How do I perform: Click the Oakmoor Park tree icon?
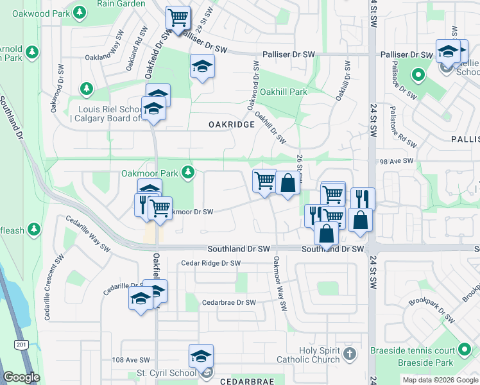[x=188, y=173]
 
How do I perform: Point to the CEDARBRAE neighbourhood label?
[x=247, y=381]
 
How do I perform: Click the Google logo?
[x=21, y=377]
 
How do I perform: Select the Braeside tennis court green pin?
[x=465, y=350]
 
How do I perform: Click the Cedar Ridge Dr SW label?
[x=210, y=263]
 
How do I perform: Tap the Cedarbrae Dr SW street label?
[x=228, y=302]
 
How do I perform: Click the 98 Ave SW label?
[x=399, y=163]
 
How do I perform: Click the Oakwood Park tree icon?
[x=79, y=12]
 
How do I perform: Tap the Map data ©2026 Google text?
[x=440, y=380]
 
